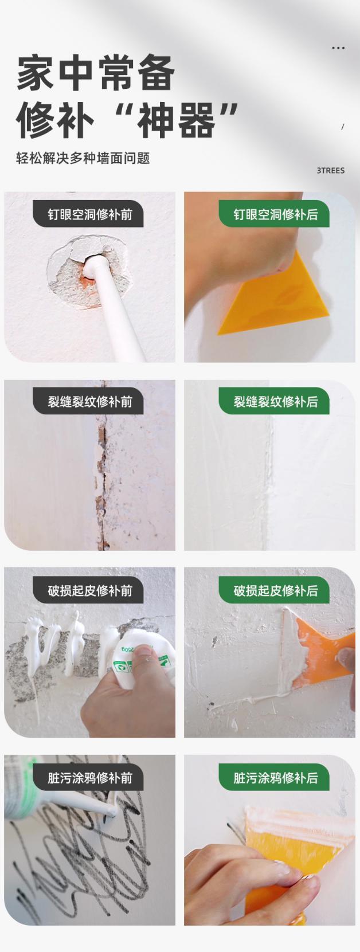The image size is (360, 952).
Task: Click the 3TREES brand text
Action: pyautogui.click(x=330, y=170)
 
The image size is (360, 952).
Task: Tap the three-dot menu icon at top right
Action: pyautogui.click(x=338, y=48)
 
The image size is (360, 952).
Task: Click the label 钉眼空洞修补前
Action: pyautogui.click(x=89, y=214)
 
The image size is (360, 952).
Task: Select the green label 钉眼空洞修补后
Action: pyautogui.click(x=275, y=214)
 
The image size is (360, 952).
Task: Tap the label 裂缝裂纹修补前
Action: pyautogui.click(x=89, y=402)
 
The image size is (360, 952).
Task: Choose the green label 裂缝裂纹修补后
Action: pyautogui.click(x=275, y=402)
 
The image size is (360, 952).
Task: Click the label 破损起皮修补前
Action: pyautogui.click(x=89, y=590)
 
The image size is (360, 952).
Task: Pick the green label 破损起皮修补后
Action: pyautogui.click(x=275, y=590)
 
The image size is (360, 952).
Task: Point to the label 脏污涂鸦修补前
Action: pyautogui.click(x=89, y=778)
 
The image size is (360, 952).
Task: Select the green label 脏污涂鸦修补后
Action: pyautogui.click(x=275, y=778)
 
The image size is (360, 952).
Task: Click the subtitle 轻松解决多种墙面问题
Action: pyautogui.click(x=83, y=158)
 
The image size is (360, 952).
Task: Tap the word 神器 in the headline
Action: pyautogui.click(x=177, y=121)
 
